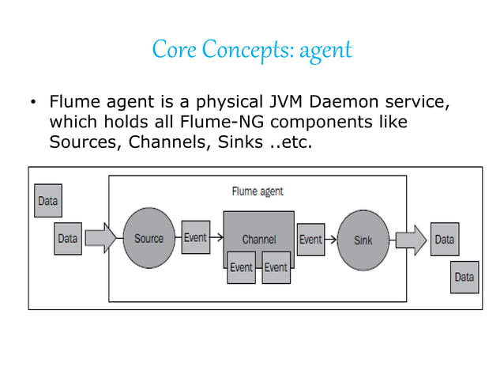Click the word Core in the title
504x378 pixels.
(x=173, y=51)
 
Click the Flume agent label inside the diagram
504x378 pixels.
(x=257, y=191)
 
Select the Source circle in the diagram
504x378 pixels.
(x=149, y=238)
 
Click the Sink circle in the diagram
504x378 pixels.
(x=362, y=239)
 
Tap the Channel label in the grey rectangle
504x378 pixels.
(x=258, y=239)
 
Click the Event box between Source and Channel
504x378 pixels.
(x=196, y=237)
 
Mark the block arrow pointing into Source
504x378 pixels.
(x=100, y=237)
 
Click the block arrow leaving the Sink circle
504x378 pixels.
(x=410, y=238)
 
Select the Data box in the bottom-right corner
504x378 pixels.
(x=464, y=277)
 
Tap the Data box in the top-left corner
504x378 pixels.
(x=47, y=200)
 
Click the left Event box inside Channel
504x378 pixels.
(x=241, y=266)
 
